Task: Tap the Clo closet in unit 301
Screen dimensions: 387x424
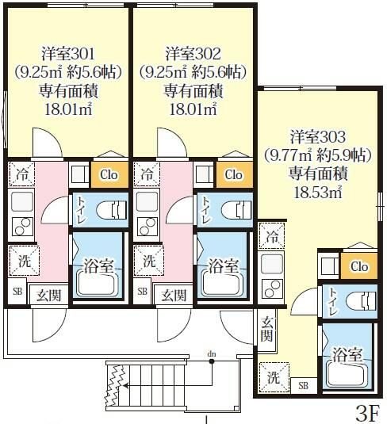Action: click(x=109, y=174)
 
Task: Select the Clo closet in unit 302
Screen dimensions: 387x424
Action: click(x=234, y=174)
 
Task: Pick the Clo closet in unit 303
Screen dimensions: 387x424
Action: click(x=359, y=266)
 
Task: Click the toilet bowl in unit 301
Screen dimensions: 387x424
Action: click(x=112, y=210)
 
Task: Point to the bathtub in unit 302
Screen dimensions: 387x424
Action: click(x=222, y=285)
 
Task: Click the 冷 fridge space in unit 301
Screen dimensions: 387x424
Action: click(x=21, y=174)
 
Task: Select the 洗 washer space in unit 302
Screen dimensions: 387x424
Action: click(x=148, y=261)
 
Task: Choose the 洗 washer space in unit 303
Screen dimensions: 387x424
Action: click(x=274, y=377)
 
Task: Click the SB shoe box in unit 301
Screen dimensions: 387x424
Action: click(x=17, y=292)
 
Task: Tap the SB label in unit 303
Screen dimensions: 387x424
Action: click(x=304, y=385)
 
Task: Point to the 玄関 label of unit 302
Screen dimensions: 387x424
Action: click(x=174, y=296)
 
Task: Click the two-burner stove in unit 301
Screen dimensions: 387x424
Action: click(x=23, y=227)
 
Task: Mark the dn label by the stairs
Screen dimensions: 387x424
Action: click(x=212, y=353)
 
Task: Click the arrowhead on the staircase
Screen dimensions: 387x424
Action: click(x=125, y=385)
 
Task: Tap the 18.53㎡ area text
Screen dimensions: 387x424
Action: click(x=318, y=193)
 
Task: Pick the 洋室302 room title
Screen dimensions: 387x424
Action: click(x=193, y=54)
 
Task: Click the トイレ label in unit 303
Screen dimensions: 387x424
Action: click(x=333, y=302)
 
